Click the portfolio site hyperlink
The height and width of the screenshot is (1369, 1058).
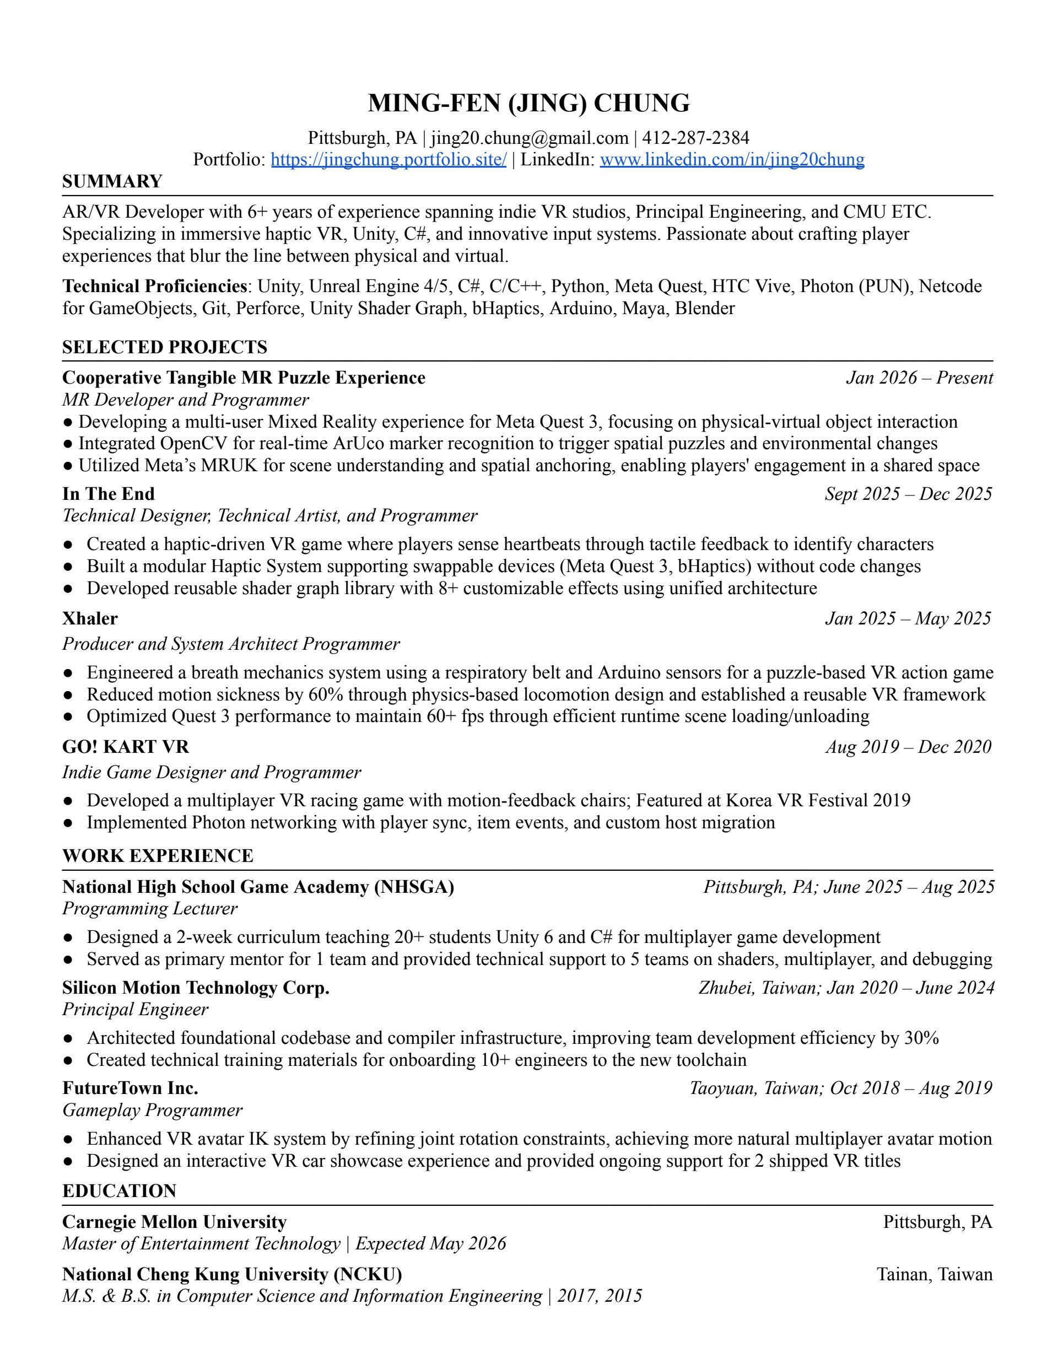click(x=388, y=160)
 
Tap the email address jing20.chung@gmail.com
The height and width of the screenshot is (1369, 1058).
click(x=529, y=138)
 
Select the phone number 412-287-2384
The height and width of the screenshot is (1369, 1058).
click(x=696, y=138)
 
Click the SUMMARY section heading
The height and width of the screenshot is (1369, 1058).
click(x=112, y=182)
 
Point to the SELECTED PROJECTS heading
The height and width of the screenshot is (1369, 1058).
click(x=165, y=347)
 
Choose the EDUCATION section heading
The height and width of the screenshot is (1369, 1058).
click(x=119, y=1191)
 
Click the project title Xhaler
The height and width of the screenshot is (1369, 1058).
click(x=90, y=619)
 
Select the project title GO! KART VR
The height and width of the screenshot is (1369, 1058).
click(x=125, y=747)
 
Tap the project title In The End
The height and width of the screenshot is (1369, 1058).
click(x=109, y=494)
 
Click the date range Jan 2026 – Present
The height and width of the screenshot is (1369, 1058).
click(x=919, y=378)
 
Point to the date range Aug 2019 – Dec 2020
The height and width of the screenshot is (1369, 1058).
click(x=908, y=747)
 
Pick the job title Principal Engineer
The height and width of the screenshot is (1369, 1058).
click(x=136, y=1009)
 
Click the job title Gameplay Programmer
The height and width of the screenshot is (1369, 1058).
click(x=152, y=1110)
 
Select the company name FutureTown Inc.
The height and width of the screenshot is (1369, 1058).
click(x=131, y=1088)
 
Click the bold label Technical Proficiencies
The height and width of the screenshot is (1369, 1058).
click(x=154, y=287)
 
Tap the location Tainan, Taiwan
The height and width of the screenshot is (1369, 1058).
click(x=934, y=1274)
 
